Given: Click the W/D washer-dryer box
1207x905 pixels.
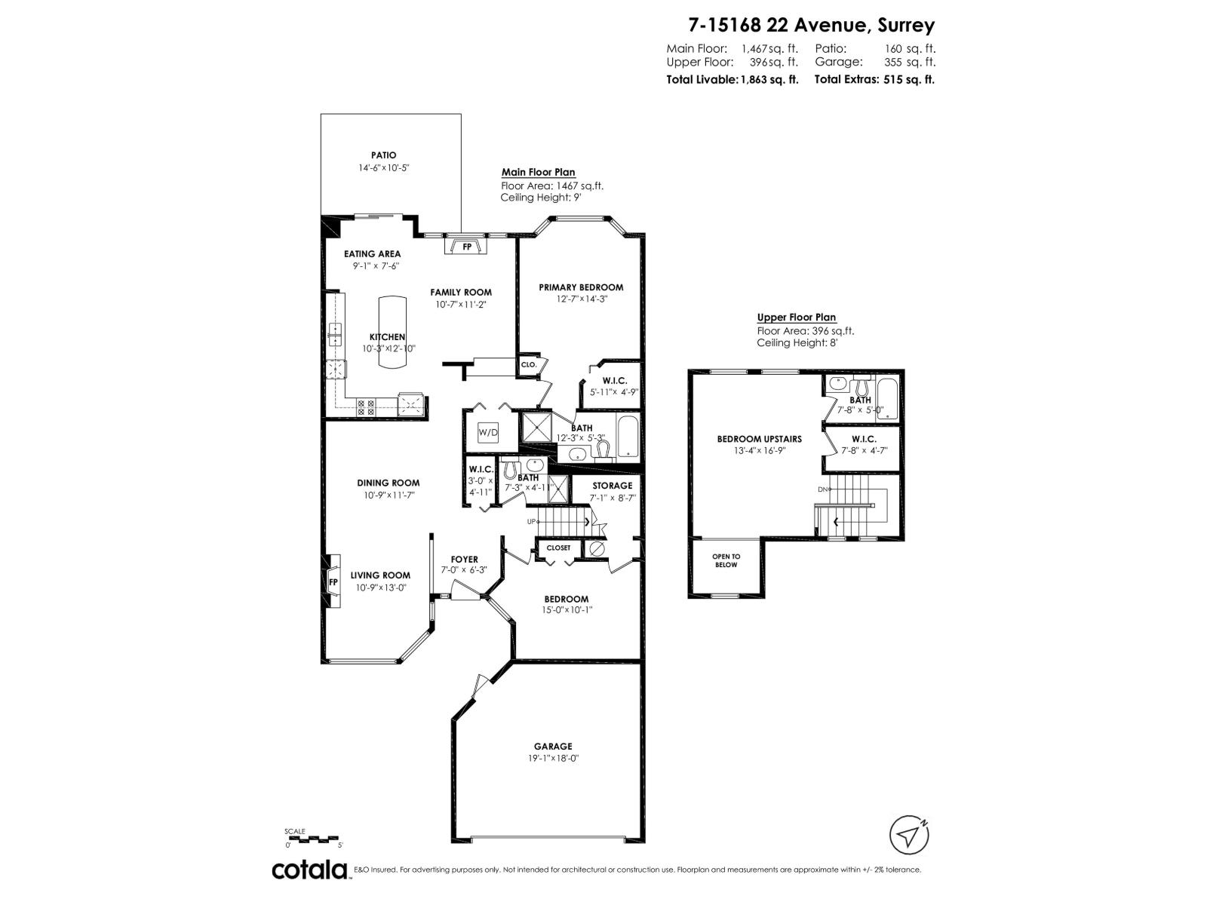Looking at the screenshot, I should pyautogui.click(x=488, y=432).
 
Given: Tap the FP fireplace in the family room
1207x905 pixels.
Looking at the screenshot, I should pyautogui.click(x=466, y=247).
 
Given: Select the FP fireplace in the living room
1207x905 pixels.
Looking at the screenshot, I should pyautogui.click(x=332, y=581).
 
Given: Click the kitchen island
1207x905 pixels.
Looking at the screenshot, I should pyautogui.click(x=392, y=332).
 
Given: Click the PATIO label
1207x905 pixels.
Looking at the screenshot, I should pyautogui.click(x=384, y=155).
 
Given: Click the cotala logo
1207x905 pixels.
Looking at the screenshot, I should pyautogui.click(x=309, y=870).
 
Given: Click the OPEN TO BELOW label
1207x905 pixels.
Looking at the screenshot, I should pyautogui.click(x=726, y=560).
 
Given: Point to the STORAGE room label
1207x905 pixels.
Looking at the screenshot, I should pyautogui.click(x=611, y=486).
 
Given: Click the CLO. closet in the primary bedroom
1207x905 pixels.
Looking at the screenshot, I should pyautogui.click(x=529, y=364).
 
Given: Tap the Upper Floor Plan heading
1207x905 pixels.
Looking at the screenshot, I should pyautogui.click(x=796, y=318).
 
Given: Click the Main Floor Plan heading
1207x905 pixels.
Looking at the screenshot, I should pyautogui.click(x=538, y=172).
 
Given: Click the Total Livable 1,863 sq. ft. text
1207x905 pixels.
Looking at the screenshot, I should pyautogui.click(x=732, y=79).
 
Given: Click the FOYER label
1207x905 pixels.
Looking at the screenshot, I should pyautogui.click(x=464, y=560).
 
